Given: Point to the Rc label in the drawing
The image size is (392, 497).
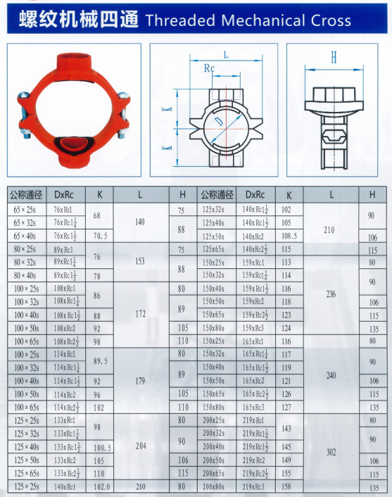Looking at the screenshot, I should click(209, 69).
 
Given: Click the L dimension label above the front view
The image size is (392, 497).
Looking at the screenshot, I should click(225, 54).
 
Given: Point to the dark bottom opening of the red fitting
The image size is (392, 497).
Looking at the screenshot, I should click(72, 146).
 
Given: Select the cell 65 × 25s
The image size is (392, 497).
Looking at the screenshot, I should click(26, 210).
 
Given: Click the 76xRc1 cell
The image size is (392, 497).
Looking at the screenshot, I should click(63, 210).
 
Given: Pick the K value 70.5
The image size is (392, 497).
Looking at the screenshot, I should click(100, 237).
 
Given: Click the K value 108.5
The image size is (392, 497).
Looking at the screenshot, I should click(289, 237).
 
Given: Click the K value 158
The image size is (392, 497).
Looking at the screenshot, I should click(287, 486).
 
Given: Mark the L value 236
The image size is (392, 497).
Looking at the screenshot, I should click(330, 296).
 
